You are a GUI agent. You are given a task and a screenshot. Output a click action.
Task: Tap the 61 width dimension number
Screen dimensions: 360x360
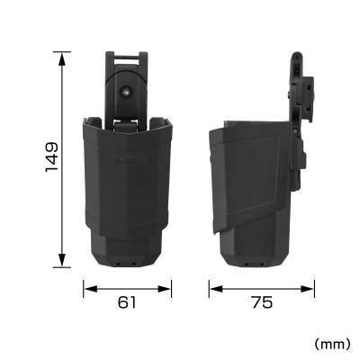pyautogui.click(x=127, y=302)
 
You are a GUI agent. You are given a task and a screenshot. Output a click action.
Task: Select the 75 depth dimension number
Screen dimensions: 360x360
pyautogui.click(x=262, y=302)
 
